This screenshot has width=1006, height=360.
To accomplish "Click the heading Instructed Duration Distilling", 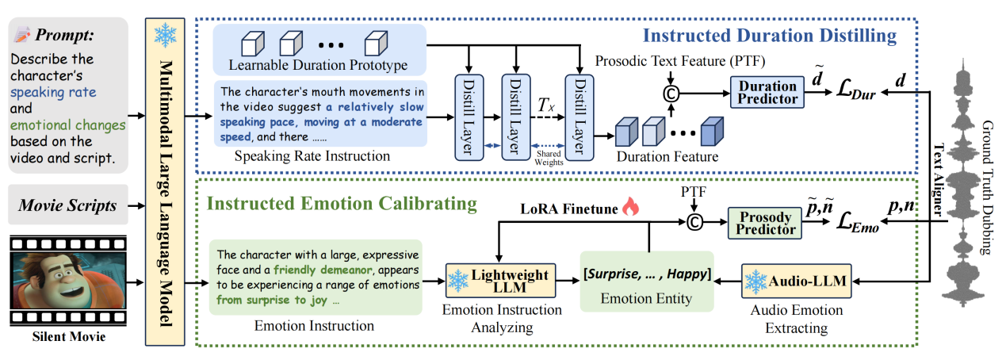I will (x=769, y=36).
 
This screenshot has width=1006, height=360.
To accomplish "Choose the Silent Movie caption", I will (x=69, y=338).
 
